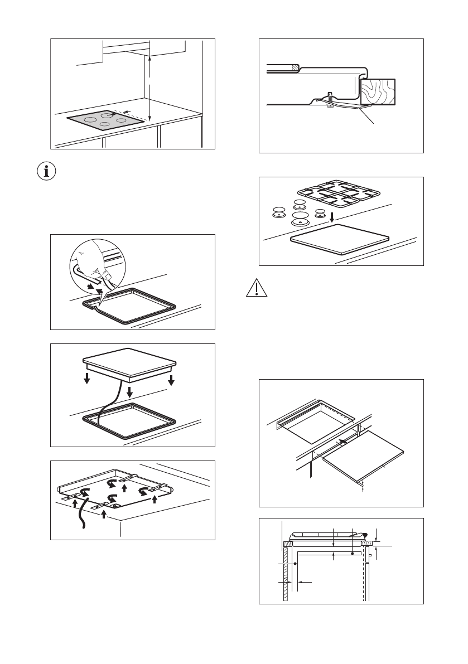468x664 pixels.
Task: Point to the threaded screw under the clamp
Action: coord(330,99)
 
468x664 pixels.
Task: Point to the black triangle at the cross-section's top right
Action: coord(365,534)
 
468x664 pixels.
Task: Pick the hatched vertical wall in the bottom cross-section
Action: coord(286,574)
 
